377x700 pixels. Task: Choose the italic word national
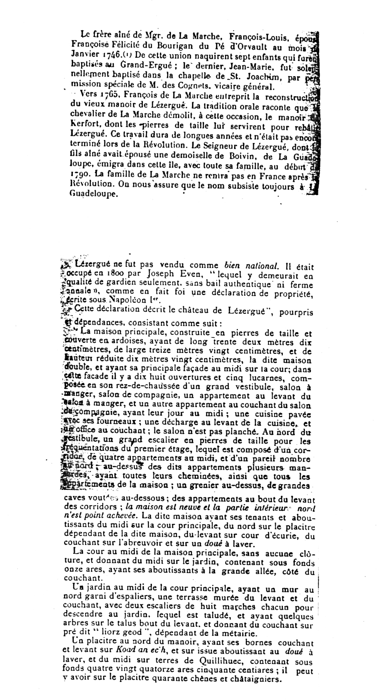(262, 266)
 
